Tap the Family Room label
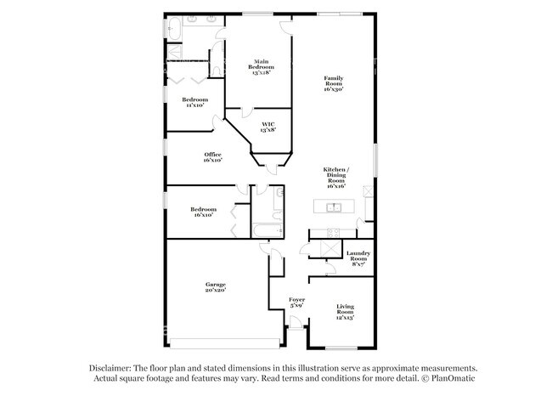tap(334, 84)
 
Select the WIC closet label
tap(268, 127)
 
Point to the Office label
tap(212, 157)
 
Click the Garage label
tap(214, 287)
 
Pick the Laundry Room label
tap(358, 258)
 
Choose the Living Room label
tap(345, 312)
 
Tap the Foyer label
tap(296, 302)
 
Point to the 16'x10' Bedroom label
tap(202, 212)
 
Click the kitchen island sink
tap(334, 207)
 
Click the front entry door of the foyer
tap(295, 327)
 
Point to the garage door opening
tap(223, 343)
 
